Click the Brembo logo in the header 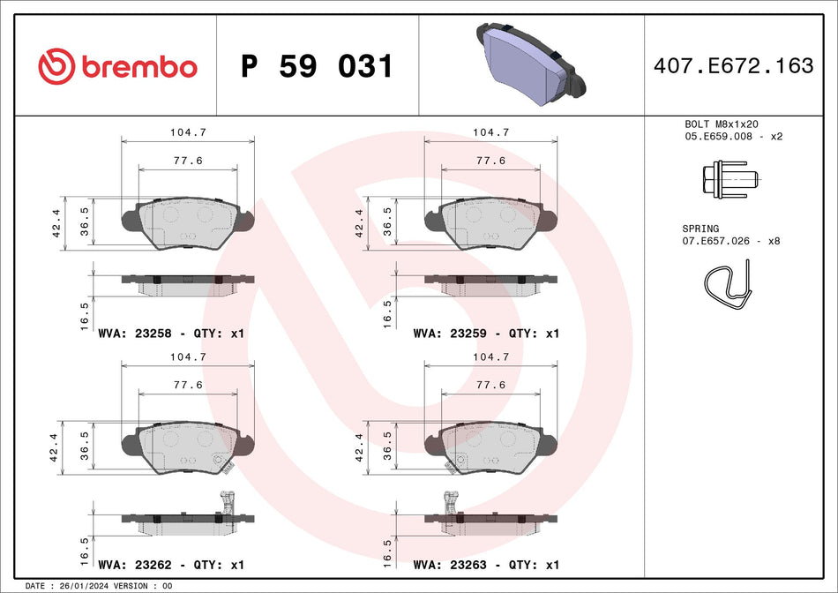[117, 66]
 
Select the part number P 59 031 [317, 66]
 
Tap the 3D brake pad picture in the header [526, 62]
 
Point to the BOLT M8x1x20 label [722, 124]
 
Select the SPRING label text [701, 228]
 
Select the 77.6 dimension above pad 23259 [490, 161]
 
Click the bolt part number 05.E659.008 [719, 137]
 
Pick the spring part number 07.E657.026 [719, 240]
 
